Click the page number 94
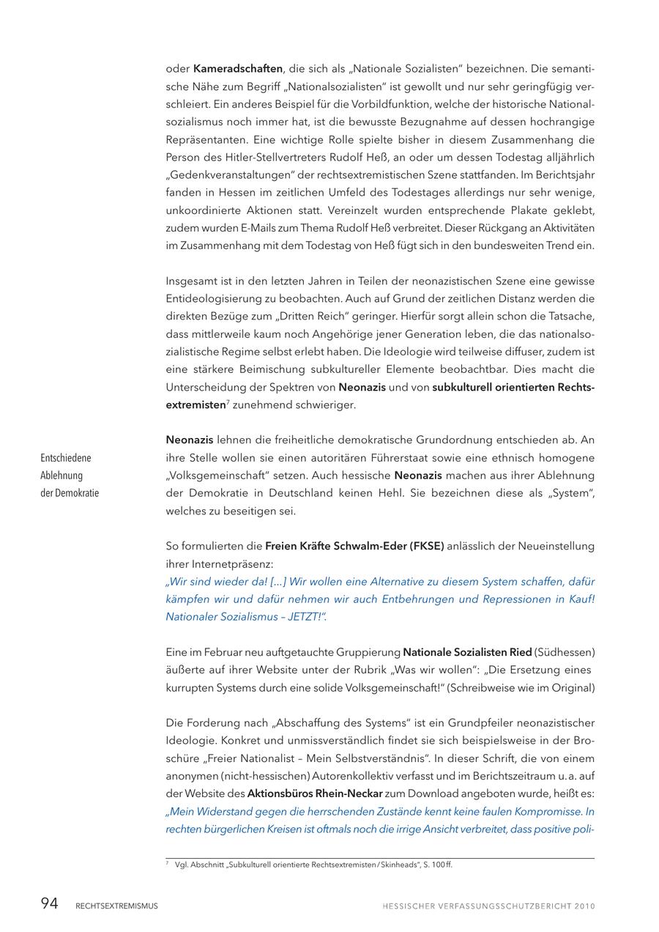point(49,903)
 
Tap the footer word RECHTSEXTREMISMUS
point(116,906)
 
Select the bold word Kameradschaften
point(238,69)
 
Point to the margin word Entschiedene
point(66,458)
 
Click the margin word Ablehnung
point(62,476)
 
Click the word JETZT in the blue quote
point(305,617)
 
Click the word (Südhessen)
point(565,652)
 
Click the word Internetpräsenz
point(220,564)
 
